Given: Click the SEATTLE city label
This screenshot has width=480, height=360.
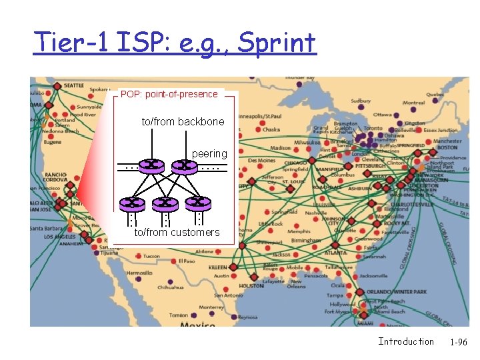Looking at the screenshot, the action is (x=75, y=85).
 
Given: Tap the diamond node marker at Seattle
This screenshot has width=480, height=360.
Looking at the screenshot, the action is (x=57, y=86).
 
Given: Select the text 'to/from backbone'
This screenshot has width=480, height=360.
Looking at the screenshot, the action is (x=183, y=122).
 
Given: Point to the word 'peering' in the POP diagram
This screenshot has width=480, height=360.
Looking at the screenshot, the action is (x=209, y=154).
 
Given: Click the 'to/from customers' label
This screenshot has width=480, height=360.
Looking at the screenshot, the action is (x=177, y=233).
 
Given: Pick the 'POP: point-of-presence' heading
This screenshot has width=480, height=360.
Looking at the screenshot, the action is (x=168, y=94).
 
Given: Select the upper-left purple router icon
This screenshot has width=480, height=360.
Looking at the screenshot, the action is (x=153, y=165).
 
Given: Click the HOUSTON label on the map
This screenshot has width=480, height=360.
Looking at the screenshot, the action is (x=251, y=285).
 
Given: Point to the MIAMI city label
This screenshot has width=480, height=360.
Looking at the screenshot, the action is (x=365, y=323).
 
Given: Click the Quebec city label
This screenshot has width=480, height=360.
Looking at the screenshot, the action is (x=435, y=95).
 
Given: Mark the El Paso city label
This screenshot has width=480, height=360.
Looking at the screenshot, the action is (x=186, y=261).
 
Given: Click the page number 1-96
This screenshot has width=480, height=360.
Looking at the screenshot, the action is (x=458, y=342).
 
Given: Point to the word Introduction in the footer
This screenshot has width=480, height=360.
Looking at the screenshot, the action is (x=406, y=341).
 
